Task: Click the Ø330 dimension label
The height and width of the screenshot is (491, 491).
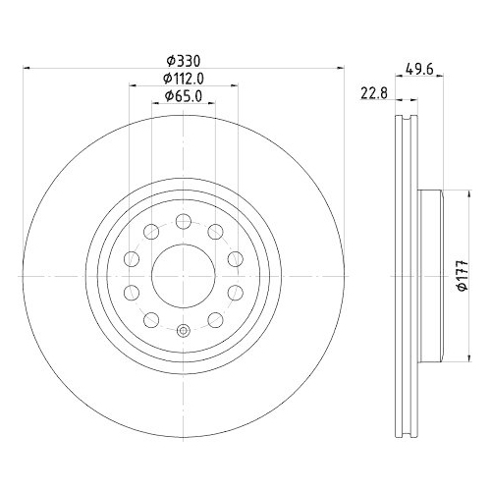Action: coord(183,61)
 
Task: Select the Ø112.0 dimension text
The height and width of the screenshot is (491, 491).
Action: coord(184,79)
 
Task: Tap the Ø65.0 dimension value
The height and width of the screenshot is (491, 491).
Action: coord(184,96)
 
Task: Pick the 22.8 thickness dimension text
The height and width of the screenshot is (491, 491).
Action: coord(374,93)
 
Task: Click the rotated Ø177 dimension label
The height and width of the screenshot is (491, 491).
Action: coord(463,276)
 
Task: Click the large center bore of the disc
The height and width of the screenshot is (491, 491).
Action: coord(184,276)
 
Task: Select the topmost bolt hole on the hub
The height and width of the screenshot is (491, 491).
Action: coord(184,221)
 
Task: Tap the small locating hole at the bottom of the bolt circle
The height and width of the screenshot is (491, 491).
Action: coord(184,331)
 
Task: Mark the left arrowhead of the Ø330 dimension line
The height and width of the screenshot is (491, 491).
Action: coord(27,68)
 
